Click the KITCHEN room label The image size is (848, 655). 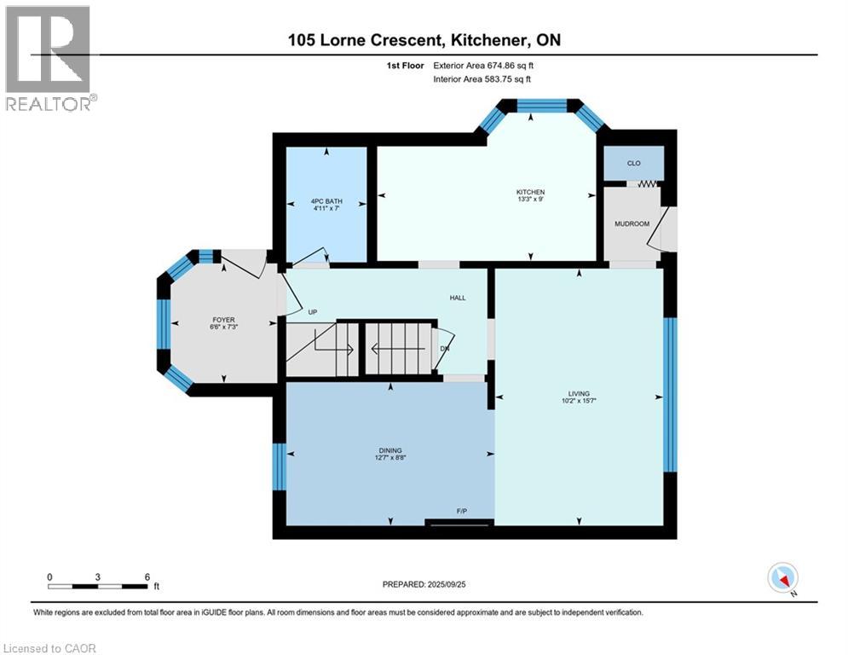pos(529,192)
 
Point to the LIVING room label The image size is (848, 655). pos(579,394)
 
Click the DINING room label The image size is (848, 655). pos(390,451)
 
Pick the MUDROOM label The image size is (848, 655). pos(632,223)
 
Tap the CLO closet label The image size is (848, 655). pos(633,163)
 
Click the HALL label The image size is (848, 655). pos(458,298)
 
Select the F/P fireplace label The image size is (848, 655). pos(461,511)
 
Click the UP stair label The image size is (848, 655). pos(312,312)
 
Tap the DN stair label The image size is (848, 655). pos(445,348)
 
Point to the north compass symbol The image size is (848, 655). pos(782,579)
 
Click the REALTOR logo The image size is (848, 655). pos(49,58)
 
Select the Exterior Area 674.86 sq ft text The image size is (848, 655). pos(484,65)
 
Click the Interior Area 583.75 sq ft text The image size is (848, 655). pos(482,79)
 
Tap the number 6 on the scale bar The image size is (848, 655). pos(147,577)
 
